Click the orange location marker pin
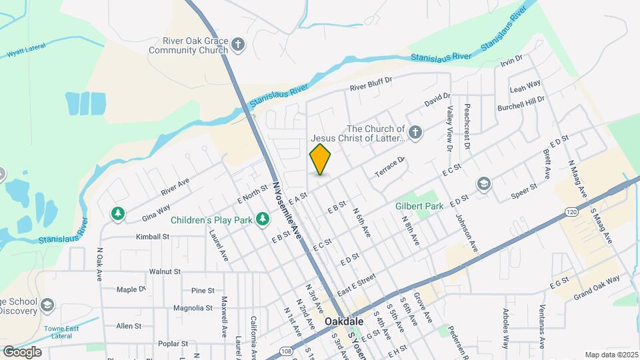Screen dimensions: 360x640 click(x=321, y=159)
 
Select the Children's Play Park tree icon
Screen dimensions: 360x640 click(x=263, y=219)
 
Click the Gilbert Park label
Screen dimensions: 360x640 click(x=419, y=207)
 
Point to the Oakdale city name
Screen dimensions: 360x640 click(x=344, y=321)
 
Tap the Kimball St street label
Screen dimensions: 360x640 click(x=153, y=237)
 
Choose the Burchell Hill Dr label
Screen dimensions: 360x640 click(x=521, y=103)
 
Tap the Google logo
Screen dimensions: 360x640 click(x=22, y=352)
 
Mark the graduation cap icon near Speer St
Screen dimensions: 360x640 click(x=483, y=183)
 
